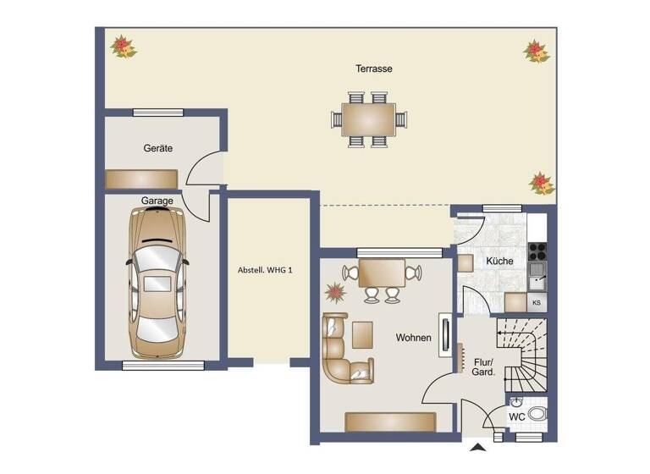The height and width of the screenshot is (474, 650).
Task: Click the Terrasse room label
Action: pyautogui.click(x=374, y=69)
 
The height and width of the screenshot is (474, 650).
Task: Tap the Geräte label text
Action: pyautogui.click(x=157, y=148)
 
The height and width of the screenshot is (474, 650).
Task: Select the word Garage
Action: pyautogui.click(x=157, y=201)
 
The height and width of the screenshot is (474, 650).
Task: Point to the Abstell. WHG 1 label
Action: pyautogui.click(x=265, y=271)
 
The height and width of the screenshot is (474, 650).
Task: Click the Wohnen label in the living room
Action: pyautogui.click(x=414, y=338)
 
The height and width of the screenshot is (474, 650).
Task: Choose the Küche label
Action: pyautogui.click(x=499, y=262)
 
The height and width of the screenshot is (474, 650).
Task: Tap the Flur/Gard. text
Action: pyautogui.click(x=483, y=367)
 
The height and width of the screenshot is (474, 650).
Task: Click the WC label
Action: pyautogui.click(x=516, y=417)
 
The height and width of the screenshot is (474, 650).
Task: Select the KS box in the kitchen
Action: pyautogui.click(x=536, y=302)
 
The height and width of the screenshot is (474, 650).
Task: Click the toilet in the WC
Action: pyautogui.click(x=538, y=414)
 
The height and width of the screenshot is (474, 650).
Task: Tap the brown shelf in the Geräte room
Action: pyautogui.click(x=140, y=179)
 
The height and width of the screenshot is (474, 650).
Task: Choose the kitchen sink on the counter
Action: pyautogui.click(x=536, y=273)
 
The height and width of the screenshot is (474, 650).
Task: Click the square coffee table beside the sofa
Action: pyautogui.click(x=365, y=333)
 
